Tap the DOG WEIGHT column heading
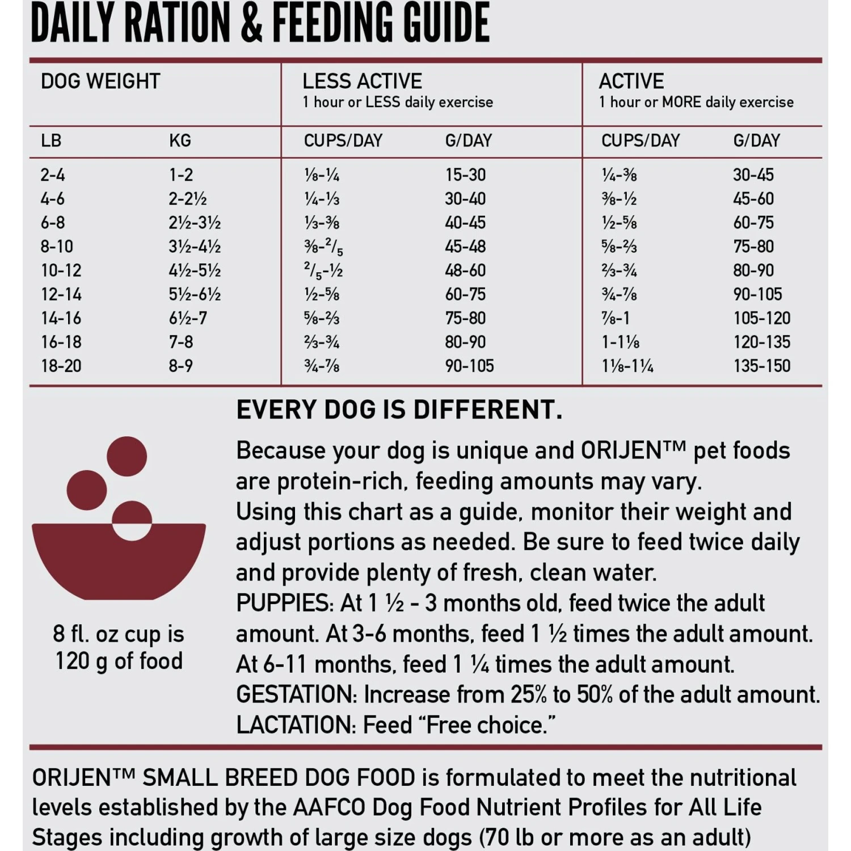(x=100, y=82)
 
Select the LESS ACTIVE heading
(x=362, y=82)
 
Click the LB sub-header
(x=51, y=141)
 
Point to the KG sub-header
(x=180, y=141)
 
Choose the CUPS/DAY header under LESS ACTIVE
(x=343, y=141)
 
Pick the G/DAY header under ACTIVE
(x=756, y=141)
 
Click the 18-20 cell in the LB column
(x=61, y=366)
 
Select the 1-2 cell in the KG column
(x=181, y=175)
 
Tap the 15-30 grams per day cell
(x=465, y=175)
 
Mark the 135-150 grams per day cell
(x=761, y=366)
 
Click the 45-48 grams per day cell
(x=465, y=246)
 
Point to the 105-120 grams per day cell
(x=761, y=318)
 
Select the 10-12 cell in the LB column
(x=61, y=271)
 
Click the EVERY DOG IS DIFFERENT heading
(x=399, y=410)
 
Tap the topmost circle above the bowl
(x=127, y=456)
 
